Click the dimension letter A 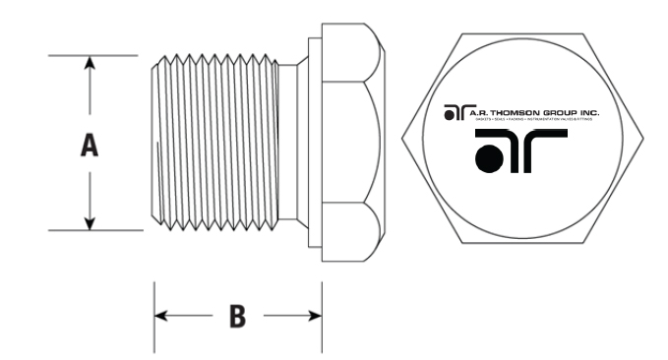[90, 146]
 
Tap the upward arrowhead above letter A [90, 64]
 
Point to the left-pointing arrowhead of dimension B [161, 316]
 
